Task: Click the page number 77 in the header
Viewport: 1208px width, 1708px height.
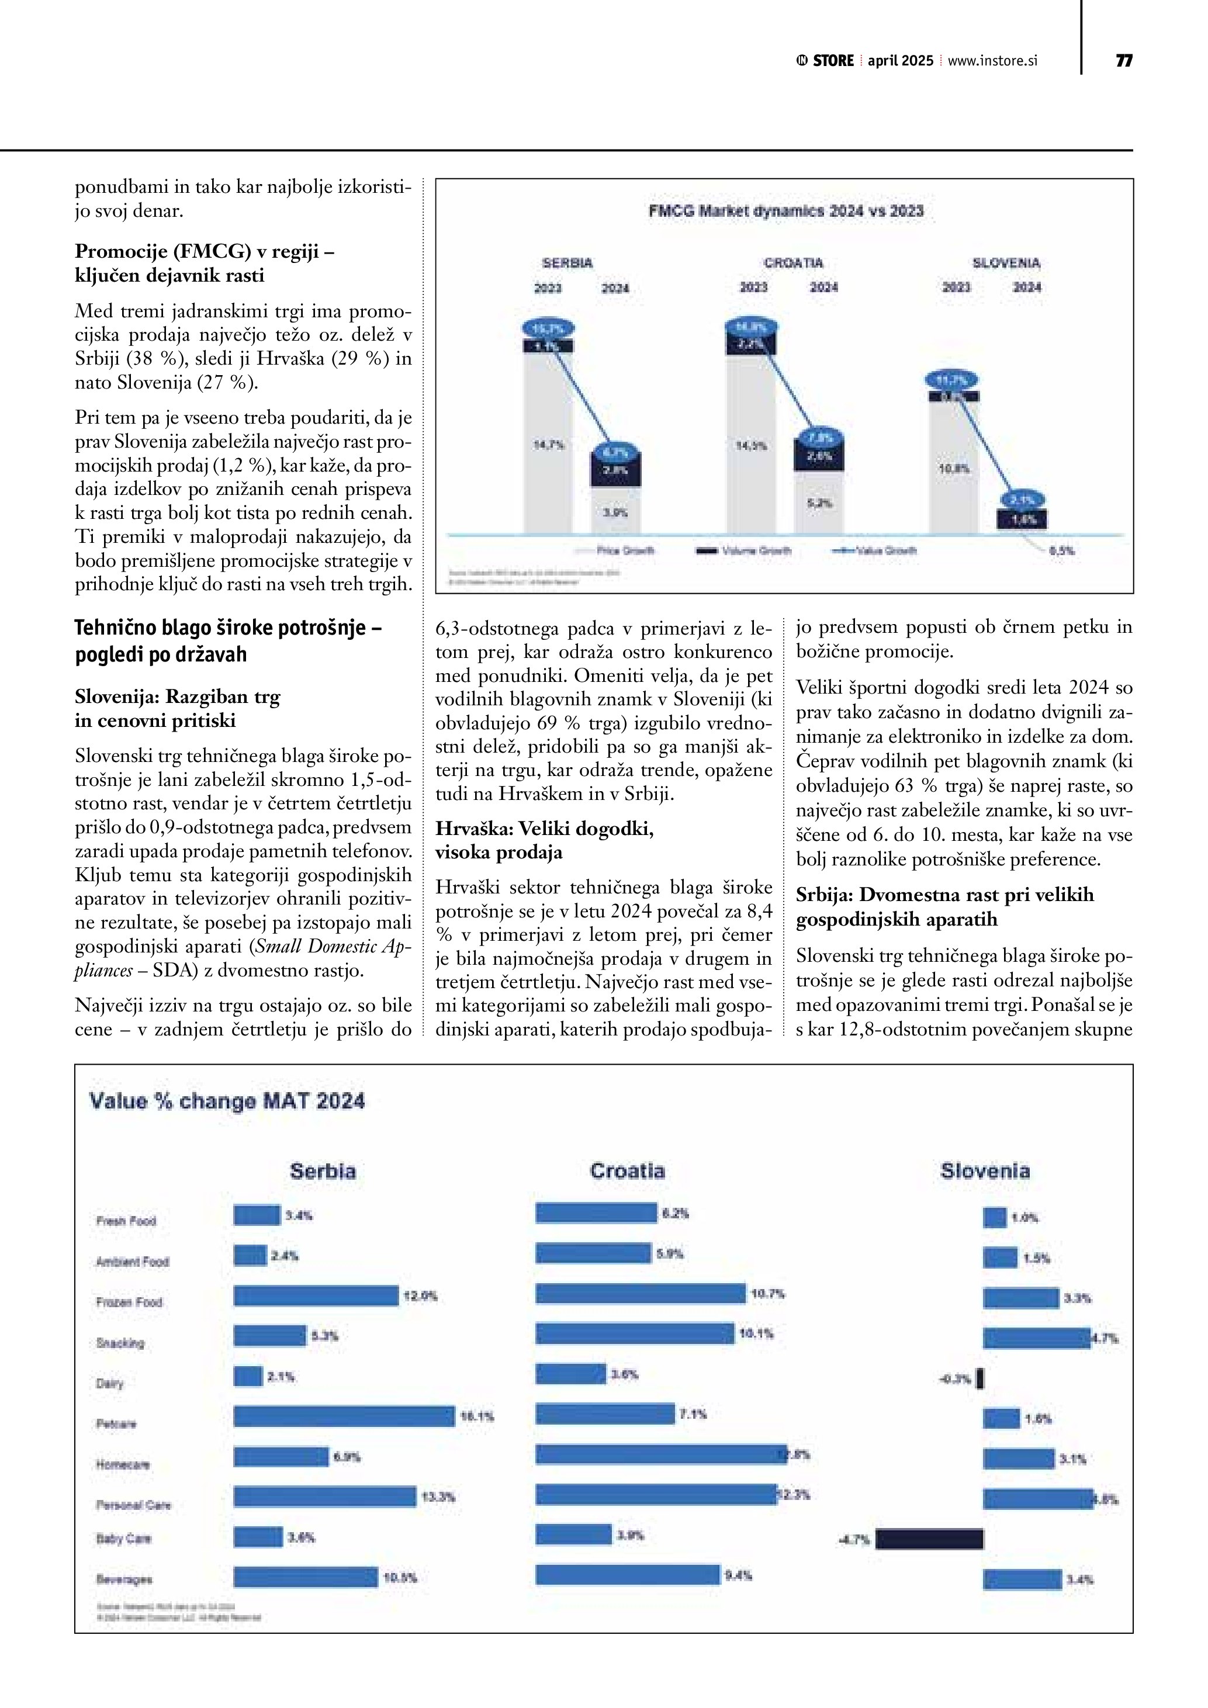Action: click(x=1123, y=61)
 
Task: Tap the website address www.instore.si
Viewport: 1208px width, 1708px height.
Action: click(x=992, y=61)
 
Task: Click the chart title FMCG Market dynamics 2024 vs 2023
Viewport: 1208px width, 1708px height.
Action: click(x=785, y=212)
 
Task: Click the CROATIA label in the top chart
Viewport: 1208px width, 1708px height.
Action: click(x=793, y=262)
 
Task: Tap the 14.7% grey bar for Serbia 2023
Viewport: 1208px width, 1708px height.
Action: click(x=548, y=445)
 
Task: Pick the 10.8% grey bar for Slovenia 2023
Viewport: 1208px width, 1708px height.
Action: click(x=954, y=469)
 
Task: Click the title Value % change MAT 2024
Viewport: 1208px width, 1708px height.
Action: click(x=227, y=1101)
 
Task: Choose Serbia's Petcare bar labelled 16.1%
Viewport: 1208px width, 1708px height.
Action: click(x=344, y=1416)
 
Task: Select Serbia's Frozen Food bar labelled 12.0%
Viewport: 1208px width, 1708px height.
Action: click(x=316, y=1296)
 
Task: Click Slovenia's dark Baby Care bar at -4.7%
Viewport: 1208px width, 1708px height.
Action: click(x=929, y=1539)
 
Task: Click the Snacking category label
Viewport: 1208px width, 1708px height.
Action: click(x=120, y=1343)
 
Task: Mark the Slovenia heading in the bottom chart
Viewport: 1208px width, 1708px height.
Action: click(x=985, y=1171)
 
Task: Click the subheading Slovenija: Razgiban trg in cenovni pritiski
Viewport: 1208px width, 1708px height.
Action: click(x=177, y=708)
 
